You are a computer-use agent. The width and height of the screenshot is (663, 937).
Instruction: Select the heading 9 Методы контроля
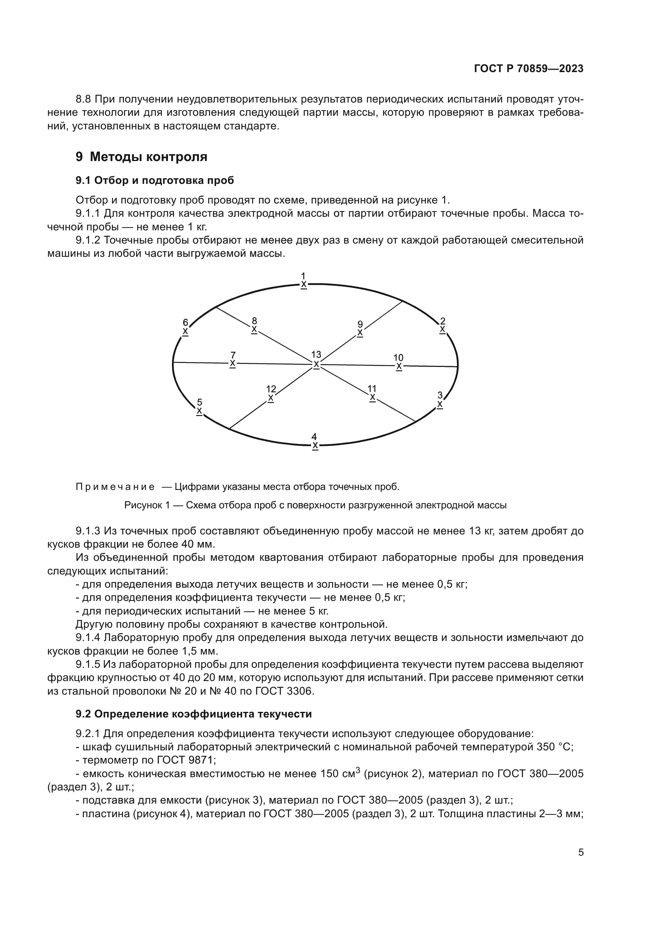(141, 157)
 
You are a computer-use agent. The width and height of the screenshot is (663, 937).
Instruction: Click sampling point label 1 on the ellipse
(303, 276)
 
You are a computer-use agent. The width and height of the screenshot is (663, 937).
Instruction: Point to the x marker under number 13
(316, 364)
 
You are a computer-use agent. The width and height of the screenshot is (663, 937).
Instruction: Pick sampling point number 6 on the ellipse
(185, 322)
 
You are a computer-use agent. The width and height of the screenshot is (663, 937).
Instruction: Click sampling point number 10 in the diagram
(398, 358)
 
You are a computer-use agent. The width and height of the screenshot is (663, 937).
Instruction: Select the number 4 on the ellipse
(314, 437)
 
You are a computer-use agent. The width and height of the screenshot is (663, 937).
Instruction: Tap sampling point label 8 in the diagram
(255, 321)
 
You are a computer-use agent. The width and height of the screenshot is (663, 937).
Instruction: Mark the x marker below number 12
(271, 398)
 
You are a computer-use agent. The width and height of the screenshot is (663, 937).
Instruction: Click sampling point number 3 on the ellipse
(440, 395)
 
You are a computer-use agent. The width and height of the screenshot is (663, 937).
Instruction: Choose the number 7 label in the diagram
(233, 355)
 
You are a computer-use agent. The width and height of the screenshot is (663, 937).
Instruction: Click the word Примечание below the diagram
(115, 487)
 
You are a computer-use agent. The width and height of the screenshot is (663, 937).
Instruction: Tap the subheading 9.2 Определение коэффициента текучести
(194, 714)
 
